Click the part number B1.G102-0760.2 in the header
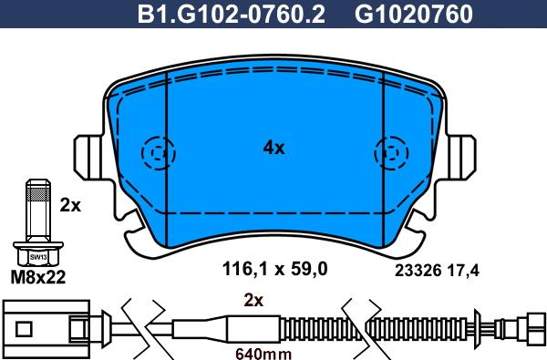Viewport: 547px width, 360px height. [x=232, y=14]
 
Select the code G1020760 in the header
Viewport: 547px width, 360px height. [x=414, y=14]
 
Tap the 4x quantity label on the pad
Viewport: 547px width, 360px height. [x=273, y=148]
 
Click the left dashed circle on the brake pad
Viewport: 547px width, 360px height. [x=158, y=153]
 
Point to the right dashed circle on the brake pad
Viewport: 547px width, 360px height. [x=391, y=153]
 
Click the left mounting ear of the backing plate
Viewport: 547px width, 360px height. [x=89, y=158]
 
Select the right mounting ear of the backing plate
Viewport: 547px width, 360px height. [x=461, y=158]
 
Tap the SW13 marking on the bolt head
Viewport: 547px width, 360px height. [x=38, y=257]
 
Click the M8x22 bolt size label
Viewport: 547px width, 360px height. [x=38, y=277]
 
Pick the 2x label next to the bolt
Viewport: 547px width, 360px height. [x=70, y=205]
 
